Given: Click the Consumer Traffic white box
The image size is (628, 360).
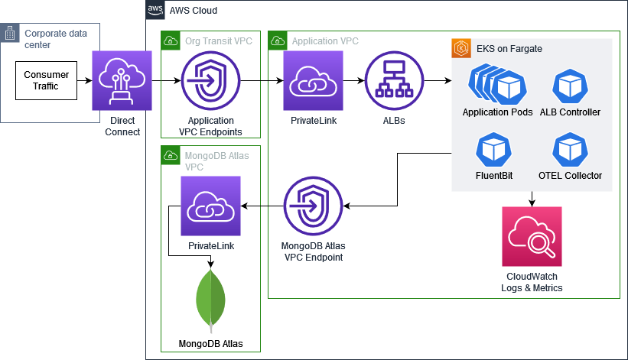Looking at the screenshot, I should pyautogui.click(x=47, y=80).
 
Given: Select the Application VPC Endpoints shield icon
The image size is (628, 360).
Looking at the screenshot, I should pyautogui.click(x=210, y=80).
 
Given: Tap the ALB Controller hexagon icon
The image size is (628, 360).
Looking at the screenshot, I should pyautogui.click(x=569, y=86).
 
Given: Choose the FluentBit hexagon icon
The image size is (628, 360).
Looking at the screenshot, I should pyautogui.click(x=493, y=150).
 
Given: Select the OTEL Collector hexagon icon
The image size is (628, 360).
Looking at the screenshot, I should pyautogui.click(x=569, y=150).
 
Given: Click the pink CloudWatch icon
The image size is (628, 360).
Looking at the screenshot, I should pyautogui.click(x=532, y=236).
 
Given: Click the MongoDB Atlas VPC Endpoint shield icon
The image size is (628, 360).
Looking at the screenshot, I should pyautogui.click(x=313, y=206).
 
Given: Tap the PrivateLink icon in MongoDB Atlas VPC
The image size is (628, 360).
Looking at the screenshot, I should pyautogui.click(x=210, y=206).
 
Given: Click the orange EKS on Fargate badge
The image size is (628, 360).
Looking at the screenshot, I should pyautogui.click(x=460, y=48).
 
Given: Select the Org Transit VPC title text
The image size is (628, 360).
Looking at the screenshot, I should pyautogui.click(x=218, y=41).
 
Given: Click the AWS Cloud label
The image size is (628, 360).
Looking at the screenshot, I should pyautogui.click(x=193, y=11).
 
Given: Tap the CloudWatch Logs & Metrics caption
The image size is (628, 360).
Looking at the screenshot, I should pyautogui.click(x=533, y=282).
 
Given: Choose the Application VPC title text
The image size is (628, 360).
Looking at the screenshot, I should pyautogui.click(x=325, y=41).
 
